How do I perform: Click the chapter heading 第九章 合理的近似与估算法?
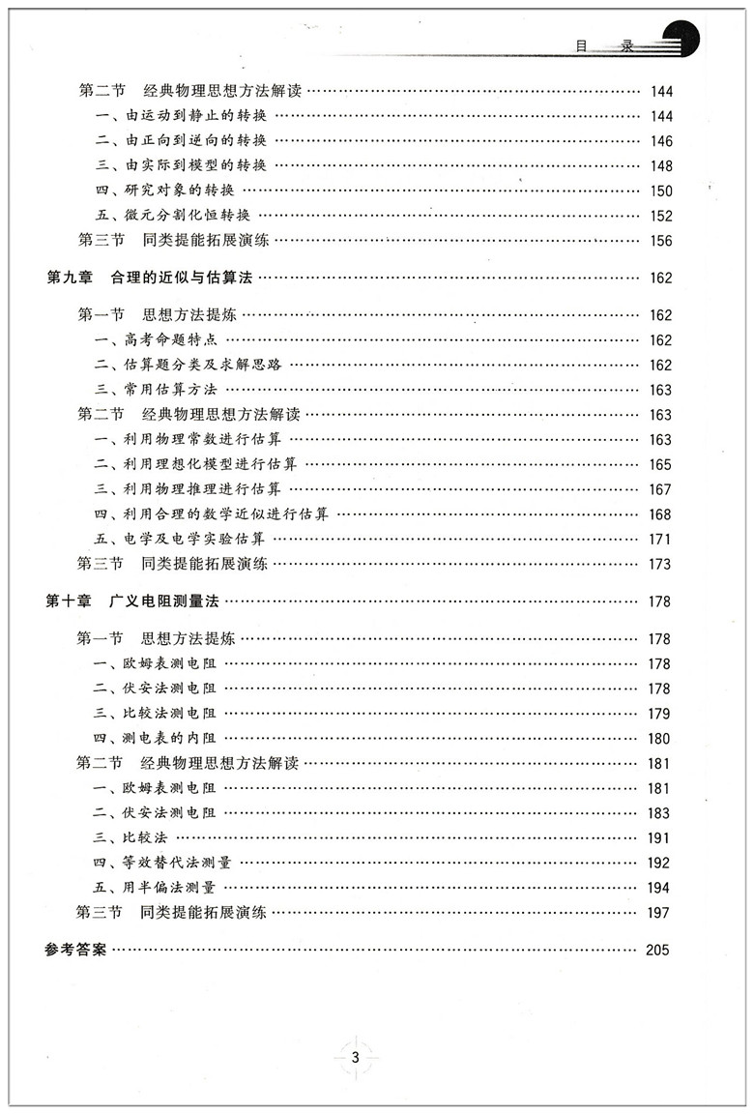coord(149,278)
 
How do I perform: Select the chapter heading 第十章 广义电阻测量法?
coord(133,601)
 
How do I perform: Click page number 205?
coord(657,950)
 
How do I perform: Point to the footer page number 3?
coord(356,1057)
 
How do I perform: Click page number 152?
coord(660,217)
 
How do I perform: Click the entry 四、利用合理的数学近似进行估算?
coord(212,513)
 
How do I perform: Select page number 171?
coord(660,540)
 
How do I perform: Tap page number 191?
coord(660,838)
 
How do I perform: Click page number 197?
coord(660,913)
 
